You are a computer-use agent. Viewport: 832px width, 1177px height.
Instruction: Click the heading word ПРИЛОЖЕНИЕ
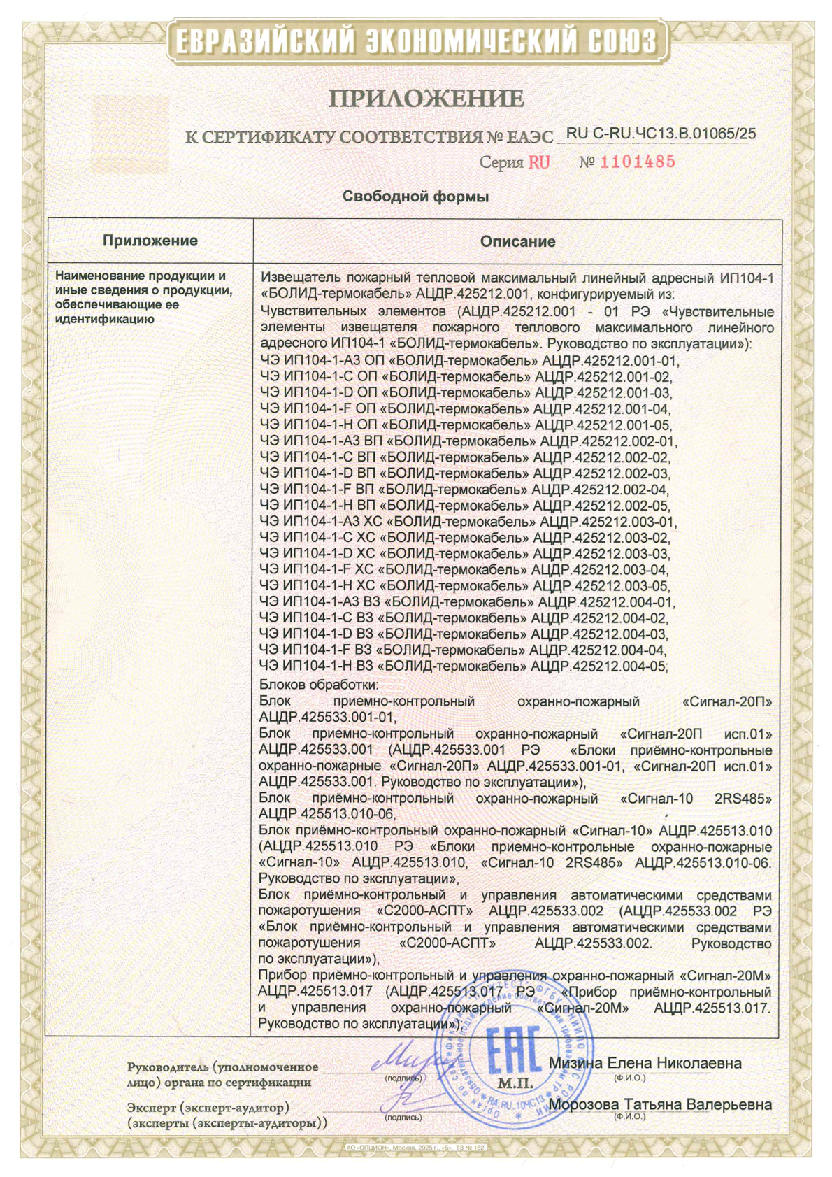click(426, 98)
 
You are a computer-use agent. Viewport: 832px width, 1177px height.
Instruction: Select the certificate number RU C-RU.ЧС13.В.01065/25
click(661, 134)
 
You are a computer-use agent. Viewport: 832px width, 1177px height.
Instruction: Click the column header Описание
click(517, 242)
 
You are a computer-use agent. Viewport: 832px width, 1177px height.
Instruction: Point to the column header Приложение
click(150, 241)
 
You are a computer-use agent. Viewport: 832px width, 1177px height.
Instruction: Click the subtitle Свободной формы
click(415, 197)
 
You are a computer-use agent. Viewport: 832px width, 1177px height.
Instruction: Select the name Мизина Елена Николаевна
click(645, 1063)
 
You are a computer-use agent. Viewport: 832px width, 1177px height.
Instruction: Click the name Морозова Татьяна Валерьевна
click(660, 1105)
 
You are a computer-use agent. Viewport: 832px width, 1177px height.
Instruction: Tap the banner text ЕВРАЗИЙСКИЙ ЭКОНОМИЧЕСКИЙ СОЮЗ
click(415, 41)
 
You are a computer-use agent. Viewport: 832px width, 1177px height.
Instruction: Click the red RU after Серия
click(539, 163)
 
